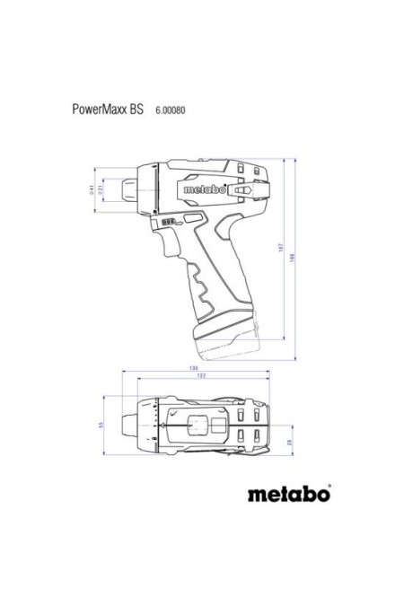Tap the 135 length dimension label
pos(193,367)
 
